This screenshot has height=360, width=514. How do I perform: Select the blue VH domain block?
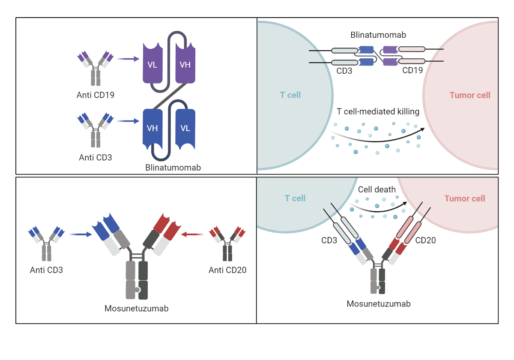click(152, 128)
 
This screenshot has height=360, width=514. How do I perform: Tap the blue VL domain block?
click(185, 128)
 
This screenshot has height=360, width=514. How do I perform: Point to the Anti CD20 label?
click(227, 270)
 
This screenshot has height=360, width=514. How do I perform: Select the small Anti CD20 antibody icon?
click(227, 244)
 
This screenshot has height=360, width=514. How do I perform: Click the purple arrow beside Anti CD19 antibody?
click(128, 59)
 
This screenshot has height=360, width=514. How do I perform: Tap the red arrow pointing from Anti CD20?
click(192, 234)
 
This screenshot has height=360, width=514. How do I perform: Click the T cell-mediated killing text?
click(378, 112)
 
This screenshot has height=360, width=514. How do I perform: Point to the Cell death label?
click(377, 189)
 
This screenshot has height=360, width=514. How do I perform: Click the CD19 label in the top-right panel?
click(412, 70)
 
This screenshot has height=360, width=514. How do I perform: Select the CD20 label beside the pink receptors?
click(425, 240)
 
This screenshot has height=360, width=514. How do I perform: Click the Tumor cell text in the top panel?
click(470, 95)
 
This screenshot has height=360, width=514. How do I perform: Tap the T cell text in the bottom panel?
click(295, 198)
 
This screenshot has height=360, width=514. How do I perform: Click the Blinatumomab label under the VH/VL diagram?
click(173, 168)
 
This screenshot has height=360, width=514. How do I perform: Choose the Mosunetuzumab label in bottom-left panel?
click(137, 308)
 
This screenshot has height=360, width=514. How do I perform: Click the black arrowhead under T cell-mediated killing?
click(422, 129)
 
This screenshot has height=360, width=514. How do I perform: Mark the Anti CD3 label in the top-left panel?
click(96, 157)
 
